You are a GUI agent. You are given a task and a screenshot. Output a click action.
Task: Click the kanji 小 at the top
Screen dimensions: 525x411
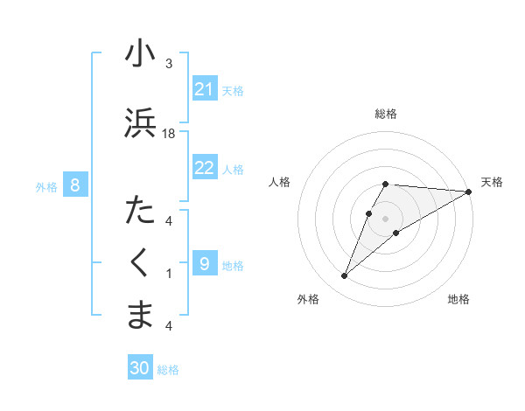point(140,53)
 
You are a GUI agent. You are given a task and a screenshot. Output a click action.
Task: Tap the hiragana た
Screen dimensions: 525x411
point(140,211)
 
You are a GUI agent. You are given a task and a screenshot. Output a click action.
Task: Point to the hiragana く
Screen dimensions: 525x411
point(140,263)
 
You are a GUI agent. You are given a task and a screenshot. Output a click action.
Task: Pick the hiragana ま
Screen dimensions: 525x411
point(140,316)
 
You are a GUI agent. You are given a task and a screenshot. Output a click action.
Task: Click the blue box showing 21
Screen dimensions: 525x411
point(205,89)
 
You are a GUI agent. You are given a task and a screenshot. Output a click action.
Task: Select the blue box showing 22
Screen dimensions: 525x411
point(205,168)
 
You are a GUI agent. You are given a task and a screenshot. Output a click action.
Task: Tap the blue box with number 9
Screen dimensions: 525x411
point(205,264)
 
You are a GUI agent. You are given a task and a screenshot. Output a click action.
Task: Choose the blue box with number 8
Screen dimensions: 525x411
point(75,185)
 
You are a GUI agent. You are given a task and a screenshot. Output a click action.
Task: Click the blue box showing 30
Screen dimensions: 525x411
point(140,368)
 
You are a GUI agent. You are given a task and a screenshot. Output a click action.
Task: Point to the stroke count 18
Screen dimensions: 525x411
point(169,133)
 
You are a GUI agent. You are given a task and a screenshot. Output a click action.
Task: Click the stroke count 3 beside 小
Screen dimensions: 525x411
point(169,64)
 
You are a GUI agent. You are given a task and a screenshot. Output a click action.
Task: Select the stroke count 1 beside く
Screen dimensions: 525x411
point(169,274)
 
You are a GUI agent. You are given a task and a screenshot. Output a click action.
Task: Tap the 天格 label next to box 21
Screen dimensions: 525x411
point(233,90)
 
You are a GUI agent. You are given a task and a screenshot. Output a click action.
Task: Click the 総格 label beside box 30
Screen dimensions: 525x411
point(168,370)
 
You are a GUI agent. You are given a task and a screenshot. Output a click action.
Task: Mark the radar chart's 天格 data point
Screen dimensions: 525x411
point(468,192)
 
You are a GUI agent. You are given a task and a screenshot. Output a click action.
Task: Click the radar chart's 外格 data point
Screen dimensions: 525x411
point(344,276)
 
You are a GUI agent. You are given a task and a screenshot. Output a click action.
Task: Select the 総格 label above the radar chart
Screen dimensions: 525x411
point(385,114)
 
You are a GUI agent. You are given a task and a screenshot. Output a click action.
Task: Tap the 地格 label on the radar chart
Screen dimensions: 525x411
point(458,299)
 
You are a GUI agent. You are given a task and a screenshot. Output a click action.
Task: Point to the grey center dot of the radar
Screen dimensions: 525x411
point(385,218)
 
